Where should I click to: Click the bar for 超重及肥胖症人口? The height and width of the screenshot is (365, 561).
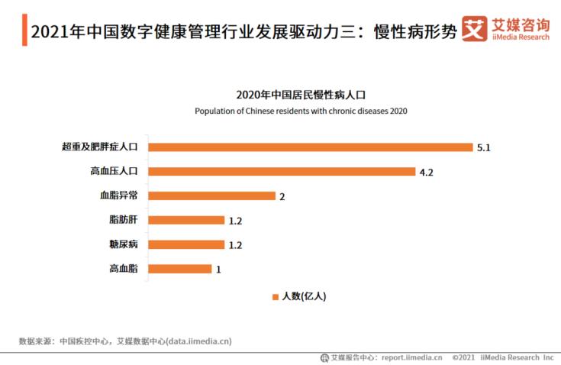(310, 147)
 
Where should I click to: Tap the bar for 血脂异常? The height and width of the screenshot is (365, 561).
(211, 195)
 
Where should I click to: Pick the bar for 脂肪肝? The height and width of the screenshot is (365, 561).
(186, 220)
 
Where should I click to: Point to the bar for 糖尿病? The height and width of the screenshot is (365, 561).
(186, 244)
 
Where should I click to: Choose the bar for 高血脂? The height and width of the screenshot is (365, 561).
(179, 269)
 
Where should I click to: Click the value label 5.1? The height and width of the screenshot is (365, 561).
(483, 147)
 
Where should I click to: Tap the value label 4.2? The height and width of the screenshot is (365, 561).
(426, 172)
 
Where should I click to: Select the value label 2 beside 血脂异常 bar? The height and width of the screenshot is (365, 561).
(282, 196)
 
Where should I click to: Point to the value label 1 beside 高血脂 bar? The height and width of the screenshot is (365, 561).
(218, 270)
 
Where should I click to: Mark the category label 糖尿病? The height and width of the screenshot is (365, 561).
(123, 244)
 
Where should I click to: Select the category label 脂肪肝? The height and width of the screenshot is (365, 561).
(123, 220)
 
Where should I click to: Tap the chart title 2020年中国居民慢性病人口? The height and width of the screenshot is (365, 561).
(301, 95)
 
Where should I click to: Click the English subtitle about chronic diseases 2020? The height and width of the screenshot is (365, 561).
(301, 111)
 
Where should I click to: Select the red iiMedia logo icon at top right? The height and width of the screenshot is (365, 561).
(475, 29)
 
